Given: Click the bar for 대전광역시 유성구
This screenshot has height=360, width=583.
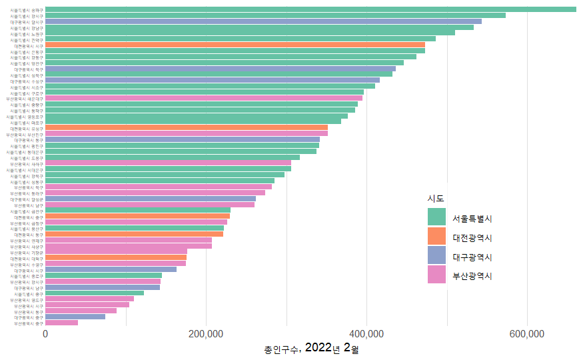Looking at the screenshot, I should tap(187, 127).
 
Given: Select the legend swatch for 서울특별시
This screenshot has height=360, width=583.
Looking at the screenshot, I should tap(436, 217).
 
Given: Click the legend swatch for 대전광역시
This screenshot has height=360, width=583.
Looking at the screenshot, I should tap(436, 236).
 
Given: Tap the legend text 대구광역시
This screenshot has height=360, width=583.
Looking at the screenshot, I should tap(472, 256).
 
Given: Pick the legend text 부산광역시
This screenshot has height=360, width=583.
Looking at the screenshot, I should tap(472, 275).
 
